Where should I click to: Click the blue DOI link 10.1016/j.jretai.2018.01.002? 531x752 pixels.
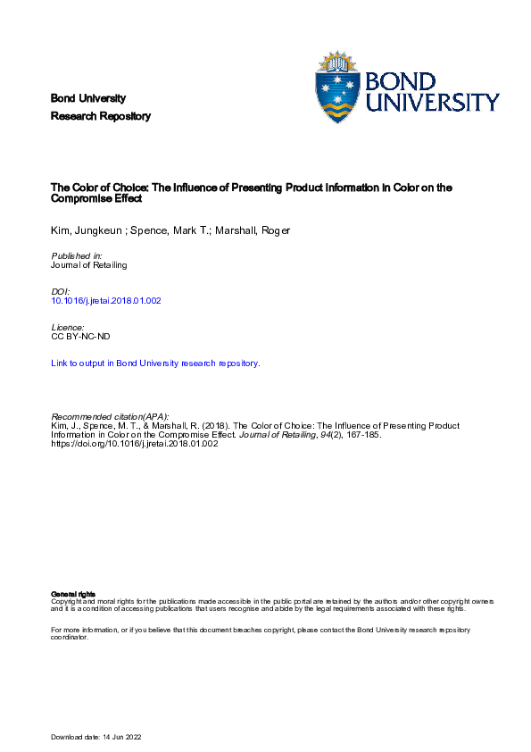coord(107,300)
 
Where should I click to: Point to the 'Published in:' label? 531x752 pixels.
coord(76,256)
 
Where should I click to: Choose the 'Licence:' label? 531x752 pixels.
coord(70,328)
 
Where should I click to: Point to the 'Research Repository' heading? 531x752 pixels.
coord(101,116)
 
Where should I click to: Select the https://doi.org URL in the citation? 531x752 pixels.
coord(135,444)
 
